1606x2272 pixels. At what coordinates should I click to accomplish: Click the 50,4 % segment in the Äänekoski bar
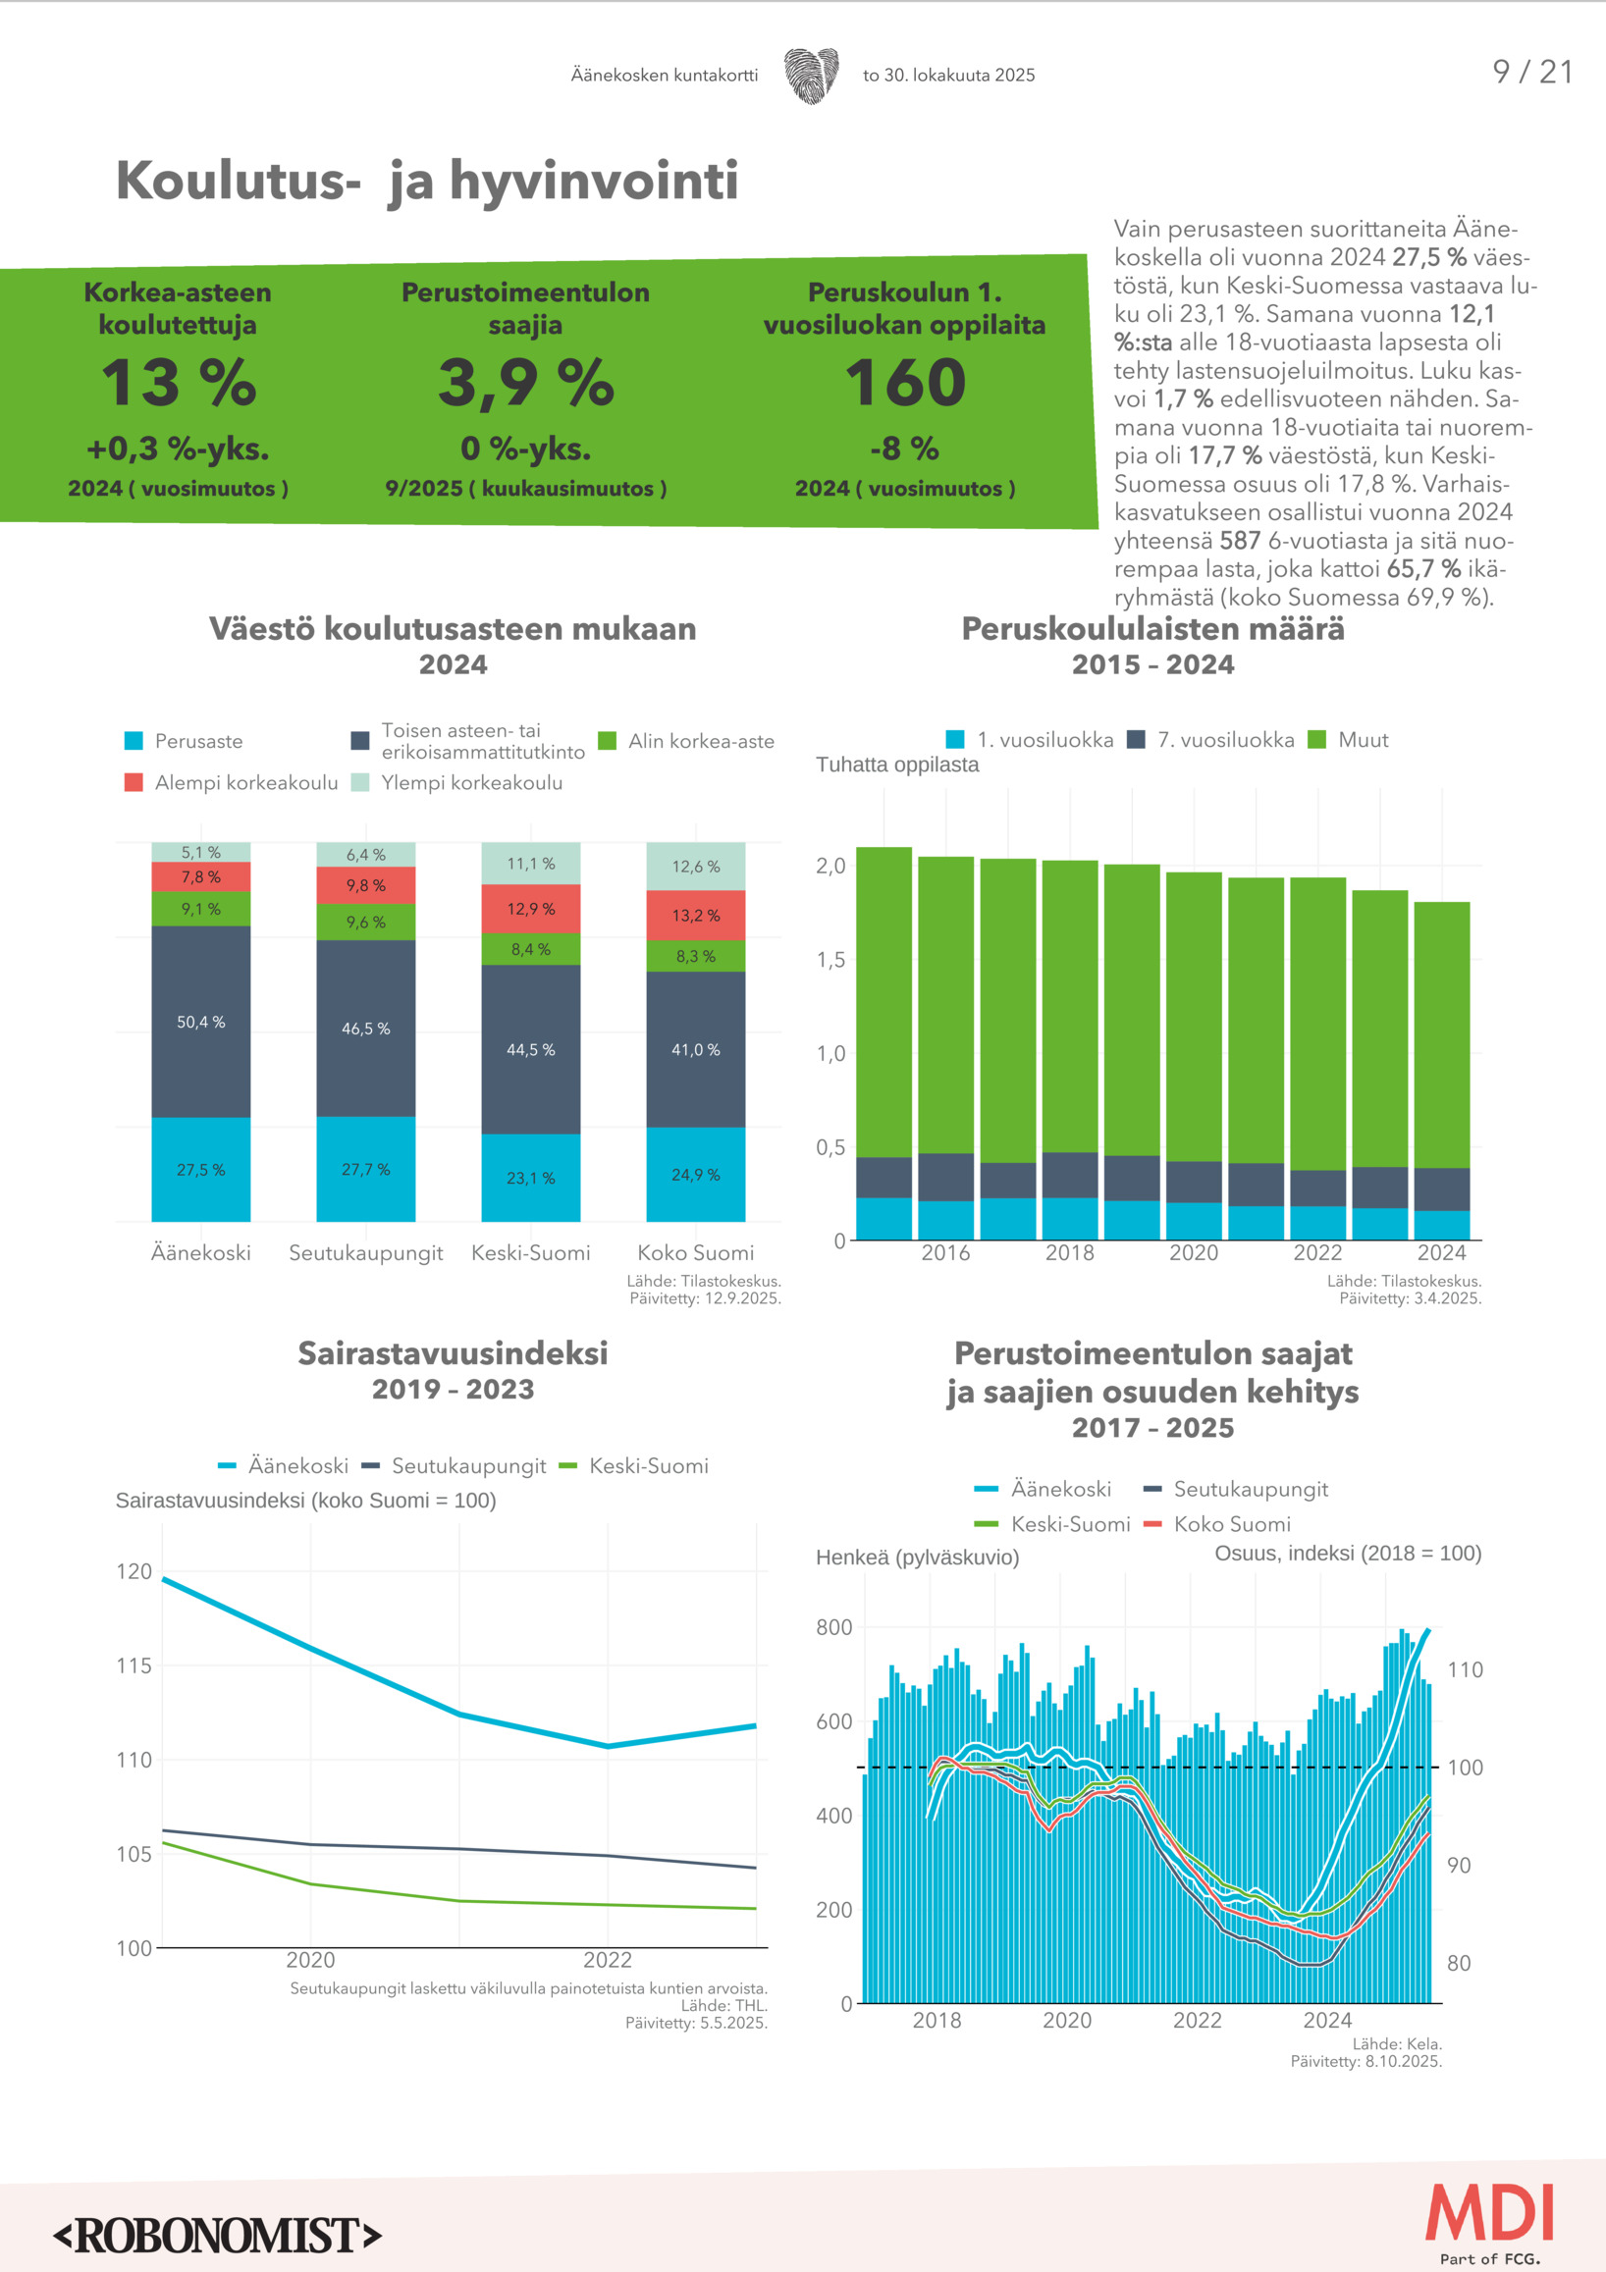(x=201, y=1023)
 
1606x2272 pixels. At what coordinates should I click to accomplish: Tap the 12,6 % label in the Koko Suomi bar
(x=696, y=867)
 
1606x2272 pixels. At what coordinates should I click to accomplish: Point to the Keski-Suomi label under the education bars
(x=530, y=1252)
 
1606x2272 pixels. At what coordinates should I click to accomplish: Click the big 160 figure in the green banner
(x=904, y=383)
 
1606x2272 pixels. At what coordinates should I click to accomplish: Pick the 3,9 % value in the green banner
(x=525, y=383)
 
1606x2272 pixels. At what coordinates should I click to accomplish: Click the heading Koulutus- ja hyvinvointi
(x=426, y=182)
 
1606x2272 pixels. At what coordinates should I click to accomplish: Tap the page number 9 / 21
(x=1531, y=72)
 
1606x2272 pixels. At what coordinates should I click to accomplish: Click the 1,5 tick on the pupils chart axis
(x=830, y=960)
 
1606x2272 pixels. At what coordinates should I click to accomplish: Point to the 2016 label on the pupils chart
(x=945, y=1252)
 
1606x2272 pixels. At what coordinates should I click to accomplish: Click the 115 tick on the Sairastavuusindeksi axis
(x=134, y=1665)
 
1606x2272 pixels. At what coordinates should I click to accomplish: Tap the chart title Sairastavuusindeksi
(x=453, y=1352)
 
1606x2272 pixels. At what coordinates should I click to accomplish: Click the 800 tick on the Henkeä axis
(x=833, y=1628)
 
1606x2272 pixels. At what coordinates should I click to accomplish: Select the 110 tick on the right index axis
(x=1465, y=1670)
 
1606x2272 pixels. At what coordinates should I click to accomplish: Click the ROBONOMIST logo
(x=217, y=2236)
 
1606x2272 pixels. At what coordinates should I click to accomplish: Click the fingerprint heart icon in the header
(x=812, y=76)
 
